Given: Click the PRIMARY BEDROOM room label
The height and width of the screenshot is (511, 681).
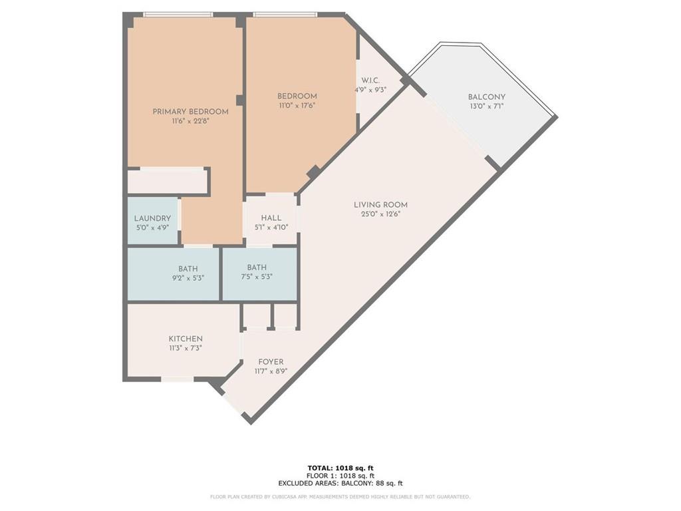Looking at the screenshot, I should pos(190,111).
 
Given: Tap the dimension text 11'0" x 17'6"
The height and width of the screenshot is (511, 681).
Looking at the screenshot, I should pos(297,105).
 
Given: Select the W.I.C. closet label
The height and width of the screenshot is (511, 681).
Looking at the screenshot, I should pos(370,80).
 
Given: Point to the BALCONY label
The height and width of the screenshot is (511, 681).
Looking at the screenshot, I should pos(486,96).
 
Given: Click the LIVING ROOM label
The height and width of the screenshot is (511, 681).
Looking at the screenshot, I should pos(380,204).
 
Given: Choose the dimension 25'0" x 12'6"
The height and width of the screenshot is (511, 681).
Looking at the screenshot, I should pos(380,214).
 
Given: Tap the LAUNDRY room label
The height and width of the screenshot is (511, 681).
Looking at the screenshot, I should pos(152,218).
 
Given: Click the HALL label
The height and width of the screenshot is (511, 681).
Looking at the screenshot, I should pos(271,218).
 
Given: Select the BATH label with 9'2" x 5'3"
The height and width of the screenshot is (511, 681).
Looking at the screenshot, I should pos(188,268).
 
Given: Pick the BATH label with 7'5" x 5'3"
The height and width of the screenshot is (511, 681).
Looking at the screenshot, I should pos(257,267).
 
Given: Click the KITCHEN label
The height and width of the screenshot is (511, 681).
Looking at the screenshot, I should pos(185,339).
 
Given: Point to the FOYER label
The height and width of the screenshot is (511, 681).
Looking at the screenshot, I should pos(271,362).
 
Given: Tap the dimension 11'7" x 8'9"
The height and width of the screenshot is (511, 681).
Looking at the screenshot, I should pos(271,371).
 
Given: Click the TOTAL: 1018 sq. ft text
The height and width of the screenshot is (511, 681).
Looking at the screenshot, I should pos(340,468).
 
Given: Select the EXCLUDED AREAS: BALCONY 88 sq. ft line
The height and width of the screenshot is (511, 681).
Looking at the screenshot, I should pos(340,484).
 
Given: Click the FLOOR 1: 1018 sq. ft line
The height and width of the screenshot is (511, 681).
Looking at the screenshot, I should pos(340,476).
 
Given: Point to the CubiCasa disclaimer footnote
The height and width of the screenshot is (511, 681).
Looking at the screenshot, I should pos(340,497).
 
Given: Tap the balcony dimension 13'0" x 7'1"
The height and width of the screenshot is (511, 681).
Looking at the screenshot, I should pos(486,106).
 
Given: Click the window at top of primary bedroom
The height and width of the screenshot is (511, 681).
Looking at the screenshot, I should pos(178,15).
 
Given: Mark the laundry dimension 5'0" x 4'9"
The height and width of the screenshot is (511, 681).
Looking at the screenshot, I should pos(152,227).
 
